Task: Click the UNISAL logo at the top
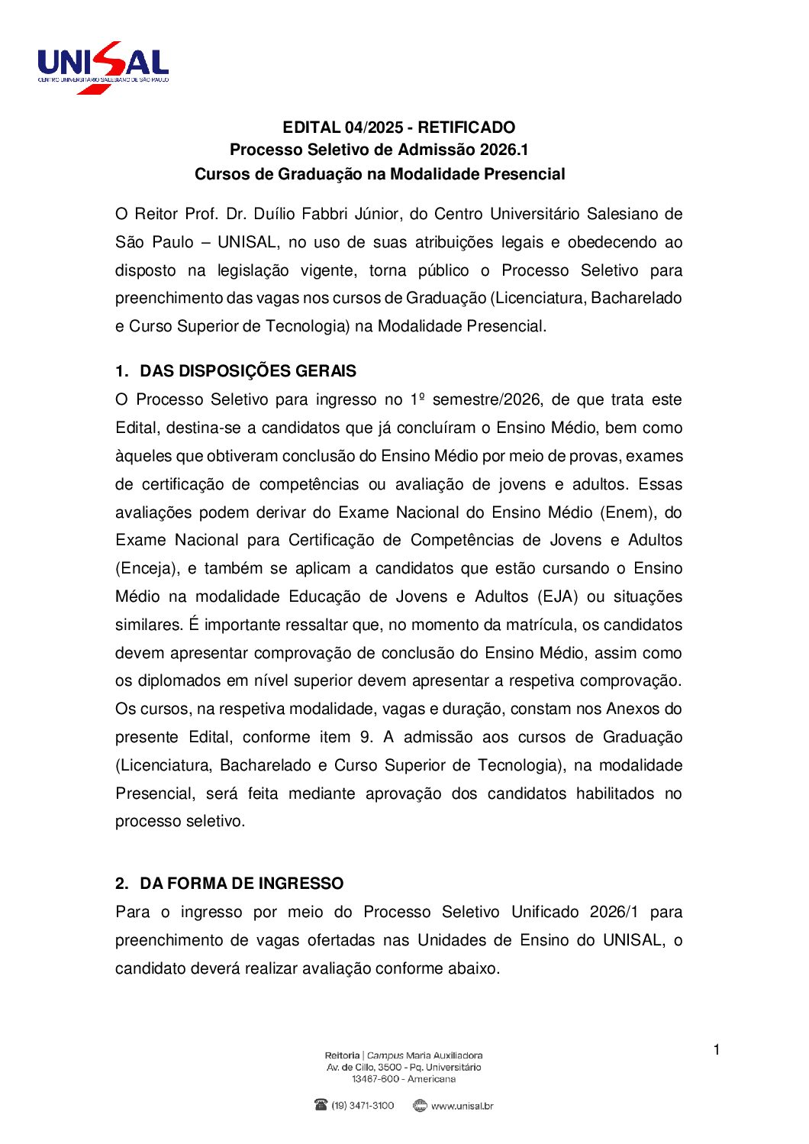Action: point(103,67)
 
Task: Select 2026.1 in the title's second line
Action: point(504,150)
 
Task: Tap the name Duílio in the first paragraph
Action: point(272,214)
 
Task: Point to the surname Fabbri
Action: point(327,214)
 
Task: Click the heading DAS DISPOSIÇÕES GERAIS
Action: point(248,371)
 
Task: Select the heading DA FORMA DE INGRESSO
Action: point(241,884)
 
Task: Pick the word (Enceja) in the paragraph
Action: point(147,569)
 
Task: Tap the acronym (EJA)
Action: point(558,596)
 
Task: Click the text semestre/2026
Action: point(487,400)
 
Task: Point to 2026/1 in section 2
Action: point(614,913)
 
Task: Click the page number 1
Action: point(717,1050)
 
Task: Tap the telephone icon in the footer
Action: point(321,1105)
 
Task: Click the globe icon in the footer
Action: point(420,1105)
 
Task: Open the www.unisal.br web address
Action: point(462,1106)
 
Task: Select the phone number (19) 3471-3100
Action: point(363,1106)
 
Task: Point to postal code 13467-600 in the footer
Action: point(375,1079)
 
